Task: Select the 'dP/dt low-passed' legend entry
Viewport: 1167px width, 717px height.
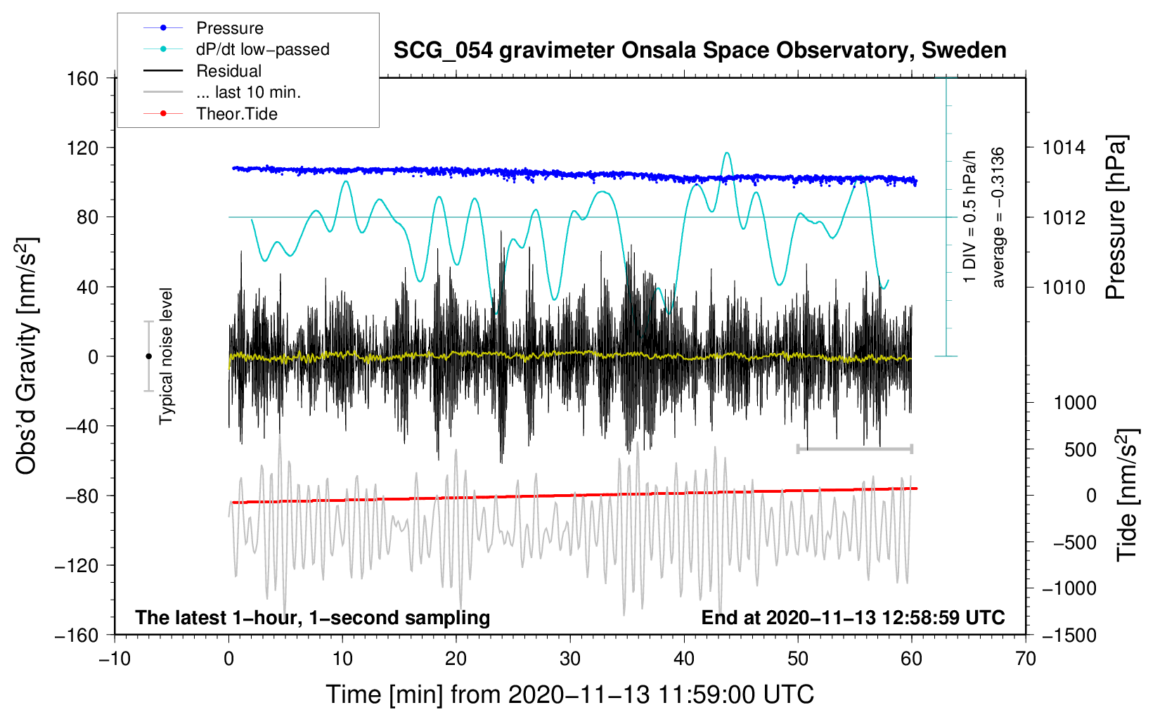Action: click(x=262, y=49)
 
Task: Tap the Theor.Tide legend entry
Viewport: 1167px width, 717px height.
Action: click(x=236, y=114)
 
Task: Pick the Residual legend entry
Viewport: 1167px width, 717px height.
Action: click(x=228, y=71)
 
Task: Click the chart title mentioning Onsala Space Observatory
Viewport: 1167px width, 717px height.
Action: click(x=699, y=51)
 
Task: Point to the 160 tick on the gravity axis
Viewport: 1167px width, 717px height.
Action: click(x=83, y=78)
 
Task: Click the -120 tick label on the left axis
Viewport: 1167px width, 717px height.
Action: click(x=77, y=565)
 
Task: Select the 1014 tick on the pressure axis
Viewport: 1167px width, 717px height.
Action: click(x=1064, y=148)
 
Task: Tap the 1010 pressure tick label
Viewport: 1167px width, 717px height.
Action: click(x=1064, y=287)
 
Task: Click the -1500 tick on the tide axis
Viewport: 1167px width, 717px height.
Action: click(x=1069, y=635)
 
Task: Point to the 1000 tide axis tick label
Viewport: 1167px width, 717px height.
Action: click(x=1074, y=403)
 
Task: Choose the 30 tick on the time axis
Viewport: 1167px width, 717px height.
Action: click(x=570, y=659)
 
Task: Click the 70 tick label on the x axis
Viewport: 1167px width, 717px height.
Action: click(x=1026, y=659)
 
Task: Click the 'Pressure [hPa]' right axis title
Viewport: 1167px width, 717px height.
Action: click(x=1116, y=218)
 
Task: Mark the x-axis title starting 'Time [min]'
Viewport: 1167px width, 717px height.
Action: click(x=569, y=695)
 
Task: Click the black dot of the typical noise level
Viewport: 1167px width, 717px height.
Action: click(x=148, y=356)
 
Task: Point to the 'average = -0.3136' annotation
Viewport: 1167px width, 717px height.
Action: click(x=998, y=217)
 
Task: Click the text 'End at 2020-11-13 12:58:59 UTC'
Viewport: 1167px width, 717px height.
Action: click(x=853, y=618)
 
